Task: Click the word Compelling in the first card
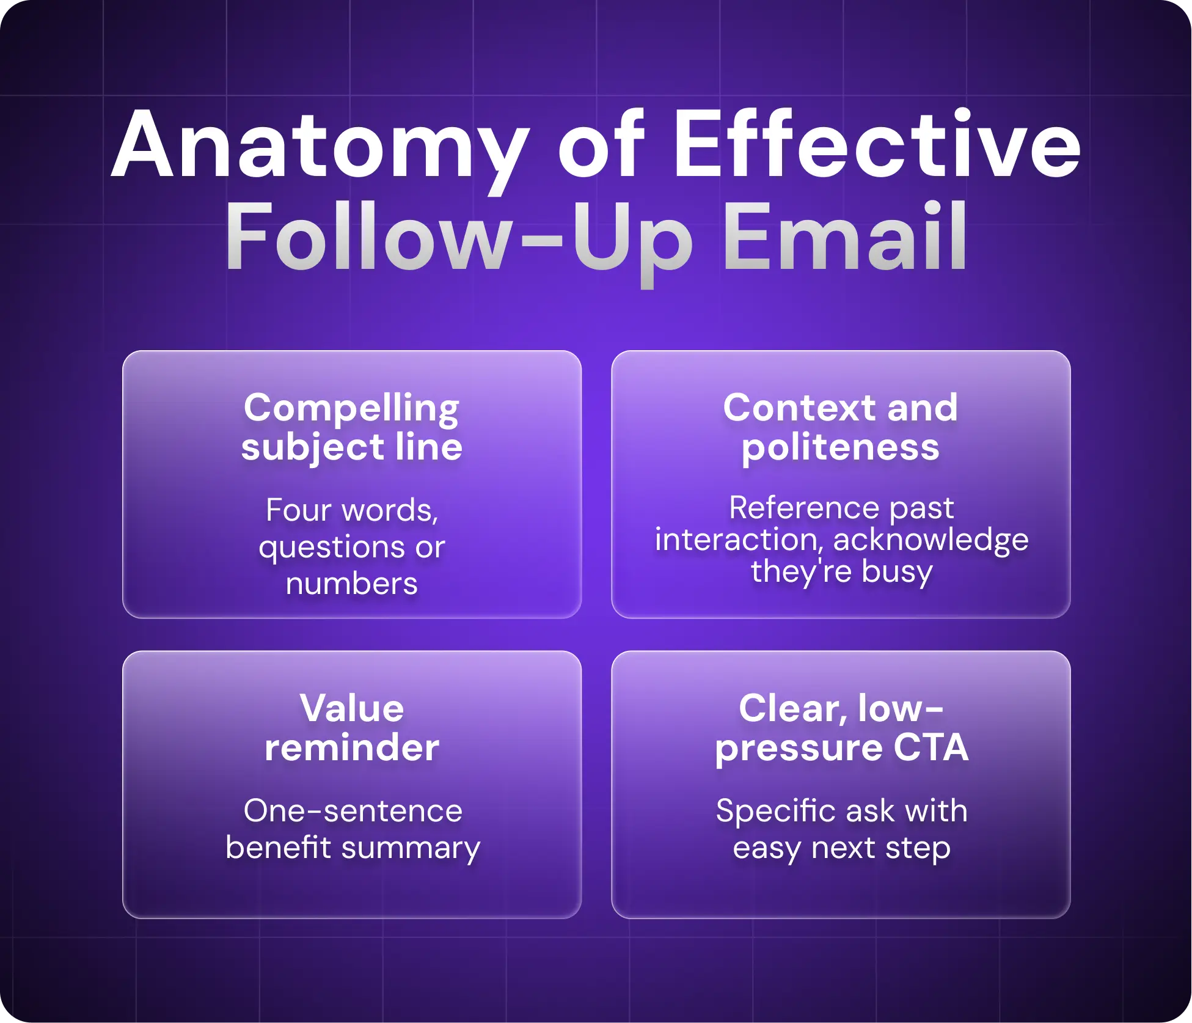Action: pos(351,408)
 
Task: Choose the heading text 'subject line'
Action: pos(351,447)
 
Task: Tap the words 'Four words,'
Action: pos(352,510)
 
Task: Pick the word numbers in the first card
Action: pos(352,584)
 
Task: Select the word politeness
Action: pos(840,447)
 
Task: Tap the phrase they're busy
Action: pos(841,572)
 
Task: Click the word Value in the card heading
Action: pos(352,708)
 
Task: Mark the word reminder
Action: pos(352,747)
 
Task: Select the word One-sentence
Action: pos(353,812)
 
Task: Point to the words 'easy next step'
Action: pos(841,848)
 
